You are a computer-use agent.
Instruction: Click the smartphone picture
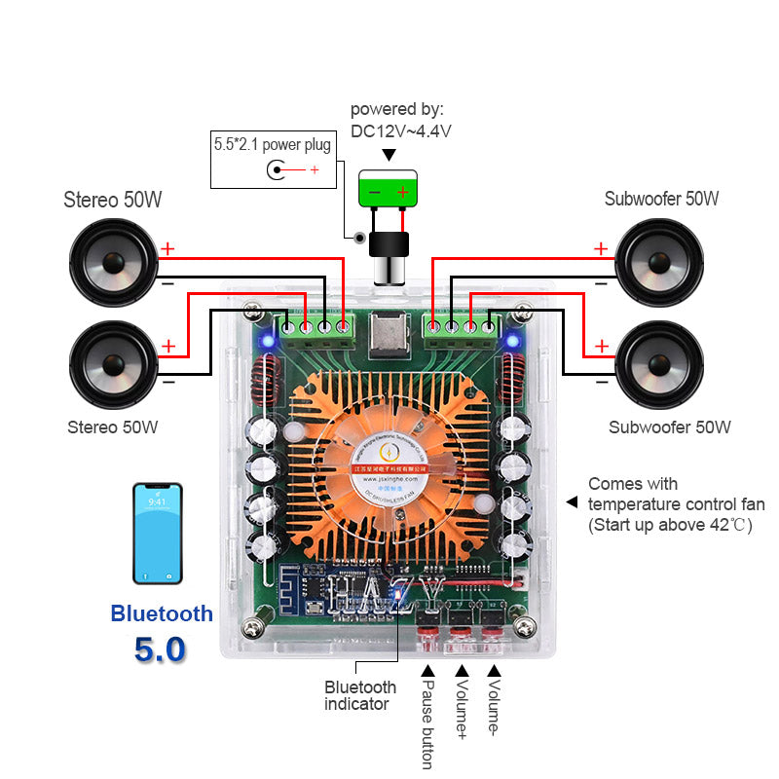(x=158, y=534)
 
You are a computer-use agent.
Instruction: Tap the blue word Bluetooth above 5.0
(x=162, y=613)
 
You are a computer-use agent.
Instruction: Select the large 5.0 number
(x=161, y=649)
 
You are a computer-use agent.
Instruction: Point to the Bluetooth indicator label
(x=359, y=695)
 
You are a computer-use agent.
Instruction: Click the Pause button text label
(x=426, y=725)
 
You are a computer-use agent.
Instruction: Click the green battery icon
(x=389, y=188)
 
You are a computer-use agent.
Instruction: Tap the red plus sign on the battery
(x=403, y=193)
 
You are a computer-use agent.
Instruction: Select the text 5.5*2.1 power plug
(x=273, y=145)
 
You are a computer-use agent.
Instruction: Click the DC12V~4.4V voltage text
(x=400, y=130)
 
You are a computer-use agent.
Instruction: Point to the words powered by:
(x=396, y=109)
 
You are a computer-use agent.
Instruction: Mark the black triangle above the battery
(x=389, y=155)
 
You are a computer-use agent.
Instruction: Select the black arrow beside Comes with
(x=573, y=502)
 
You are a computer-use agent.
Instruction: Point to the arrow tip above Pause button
(x=426, y=670)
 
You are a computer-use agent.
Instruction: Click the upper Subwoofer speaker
(x=659, y=262)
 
